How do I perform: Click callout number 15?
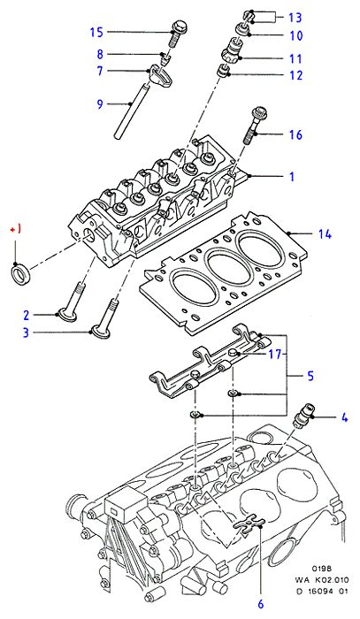tap(96, 32)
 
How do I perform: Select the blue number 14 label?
tap(325, 234)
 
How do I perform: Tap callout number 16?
tap(295, 134)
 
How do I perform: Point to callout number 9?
tap(100, 103)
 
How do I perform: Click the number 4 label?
tap(345, 417)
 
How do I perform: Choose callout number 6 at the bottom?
tap(261, 604)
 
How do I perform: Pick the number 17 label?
tap(275, 355)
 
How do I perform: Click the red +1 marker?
tap(15, 229)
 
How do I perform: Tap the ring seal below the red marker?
tap(19, 274)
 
